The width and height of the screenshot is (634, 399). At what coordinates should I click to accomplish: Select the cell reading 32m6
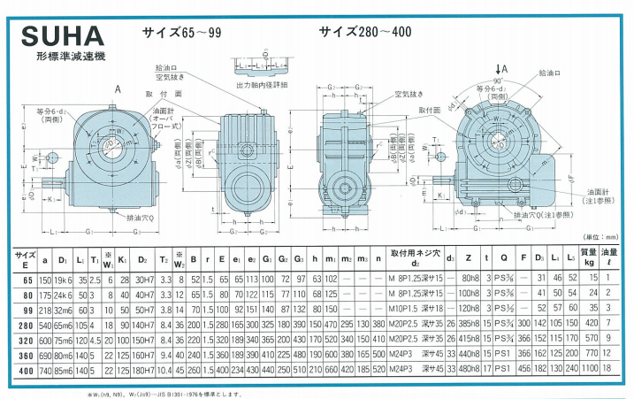pyautogui.click(x=62, y=310)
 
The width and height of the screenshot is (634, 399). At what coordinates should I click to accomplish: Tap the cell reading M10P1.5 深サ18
pyautogui.click(x=415, y=310)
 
